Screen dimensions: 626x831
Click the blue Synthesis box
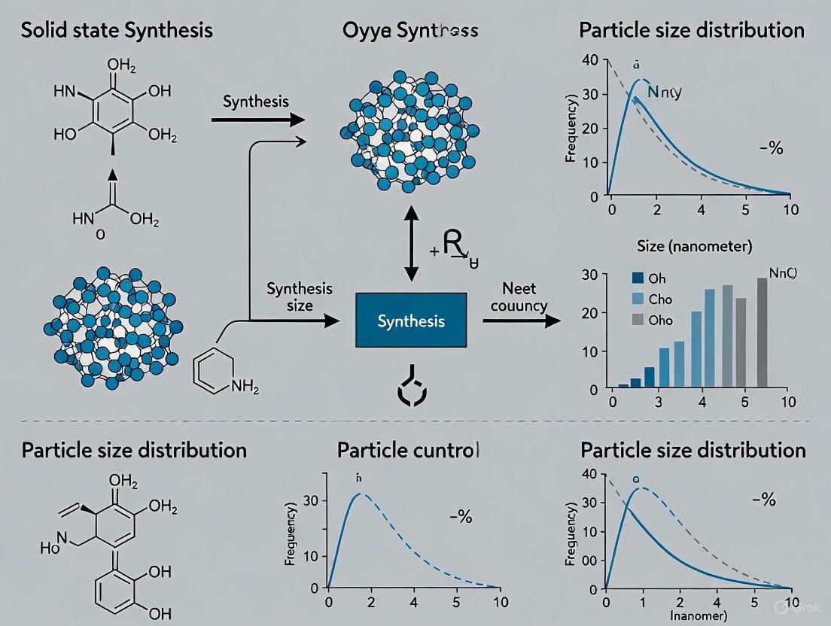[410, 321]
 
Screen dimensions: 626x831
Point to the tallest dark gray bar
[762, 332]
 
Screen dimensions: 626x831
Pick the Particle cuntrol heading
[408, 450]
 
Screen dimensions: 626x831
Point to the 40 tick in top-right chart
[590, 60]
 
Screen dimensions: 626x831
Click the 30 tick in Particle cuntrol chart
[311, 500]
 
